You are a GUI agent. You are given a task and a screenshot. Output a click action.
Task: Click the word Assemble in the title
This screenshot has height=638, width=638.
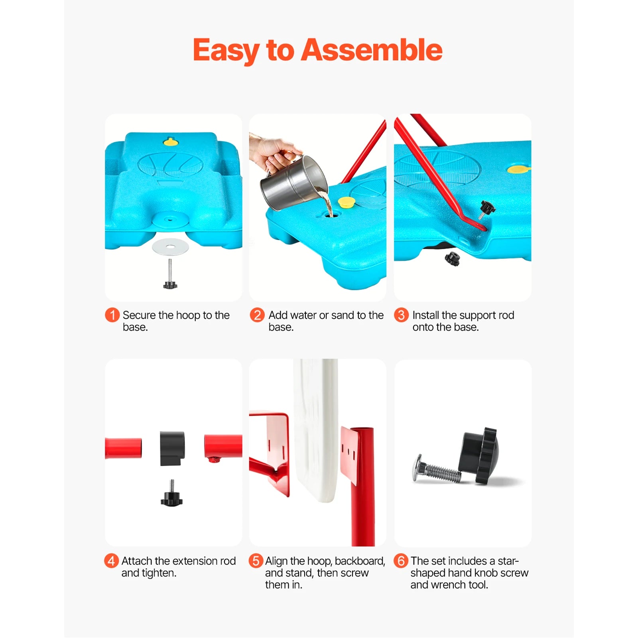(371, 50)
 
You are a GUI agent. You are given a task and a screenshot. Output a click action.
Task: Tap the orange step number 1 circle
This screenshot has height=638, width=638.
(112, 315)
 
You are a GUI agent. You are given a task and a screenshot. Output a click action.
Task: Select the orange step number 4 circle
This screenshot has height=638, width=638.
(111, 561)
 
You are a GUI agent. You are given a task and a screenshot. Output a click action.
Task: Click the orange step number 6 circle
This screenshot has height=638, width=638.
(401, 561)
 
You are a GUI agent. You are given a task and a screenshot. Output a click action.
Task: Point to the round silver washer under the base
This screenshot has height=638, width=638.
(170, 247)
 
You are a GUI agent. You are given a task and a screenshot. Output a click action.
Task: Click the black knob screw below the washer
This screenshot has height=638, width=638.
(170, 284)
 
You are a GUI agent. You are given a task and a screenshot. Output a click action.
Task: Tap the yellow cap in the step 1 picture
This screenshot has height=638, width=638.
(170, 142)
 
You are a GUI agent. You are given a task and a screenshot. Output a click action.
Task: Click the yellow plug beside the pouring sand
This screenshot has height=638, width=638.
(346, 202)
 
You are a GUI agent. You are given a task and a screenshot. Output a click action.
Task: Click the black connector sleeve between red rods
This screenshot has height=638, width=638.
(172, 448)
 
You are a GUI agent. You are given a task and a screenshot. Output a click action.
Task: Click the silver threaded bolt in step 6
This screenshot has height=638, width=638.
(437, 471)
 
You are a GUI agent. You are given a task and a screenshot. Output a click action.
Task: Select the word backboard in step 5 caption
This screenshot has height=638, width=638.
(360, 561)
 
